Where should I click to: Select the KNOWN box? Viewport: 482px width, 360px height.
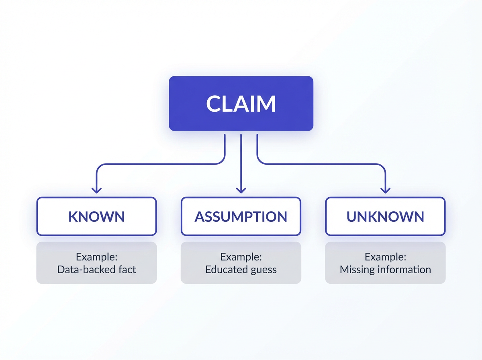coord(96,216)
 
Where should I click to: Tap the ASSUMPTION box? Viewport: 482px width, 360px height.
coord(241,216)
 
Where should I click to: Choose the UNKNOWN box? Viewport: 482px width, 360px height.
coord(385,216)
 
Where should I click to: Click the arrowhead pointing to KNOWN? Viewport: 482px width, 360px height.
coord(96,190)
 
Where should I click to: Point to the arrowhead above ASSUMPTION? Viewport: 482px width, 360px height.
coord(241,190)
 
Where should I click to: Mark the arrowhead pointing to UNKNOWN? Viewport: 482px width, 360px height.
coord(385,190)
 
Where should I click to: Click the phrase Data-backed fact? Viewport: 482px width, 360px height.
coord(96,269)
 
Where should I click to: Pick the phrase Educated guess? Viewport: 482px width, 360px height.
coord(241,270)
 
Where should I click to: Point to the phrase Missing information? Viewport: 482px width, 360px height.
coord(385,269)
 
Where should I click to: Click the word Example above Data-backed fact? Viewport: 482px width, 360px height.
coord(96,256)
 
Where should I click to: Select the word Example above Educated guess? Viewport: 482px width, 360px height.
coord(241,256)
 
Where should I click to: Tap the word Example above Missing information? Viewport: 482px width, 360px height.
coord(385,256)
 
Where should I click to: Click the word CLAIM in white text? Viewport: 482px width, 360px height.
coord(241,104)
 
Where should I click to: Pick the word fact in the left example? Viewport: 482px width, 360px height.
coord(127,269)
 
